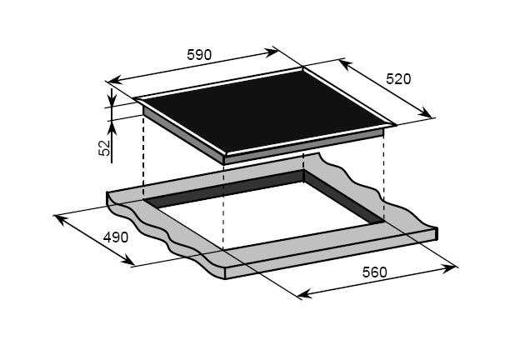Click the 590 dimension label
(199, 55)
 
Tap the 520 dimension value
(398, 79)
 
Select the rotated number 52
(104, 147)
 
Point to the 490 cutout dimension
(116, 237)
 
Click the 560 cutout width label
(375, 272)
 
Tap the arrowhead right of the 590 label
(272, 52)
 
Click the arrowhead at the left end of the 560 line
(304, 293)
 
